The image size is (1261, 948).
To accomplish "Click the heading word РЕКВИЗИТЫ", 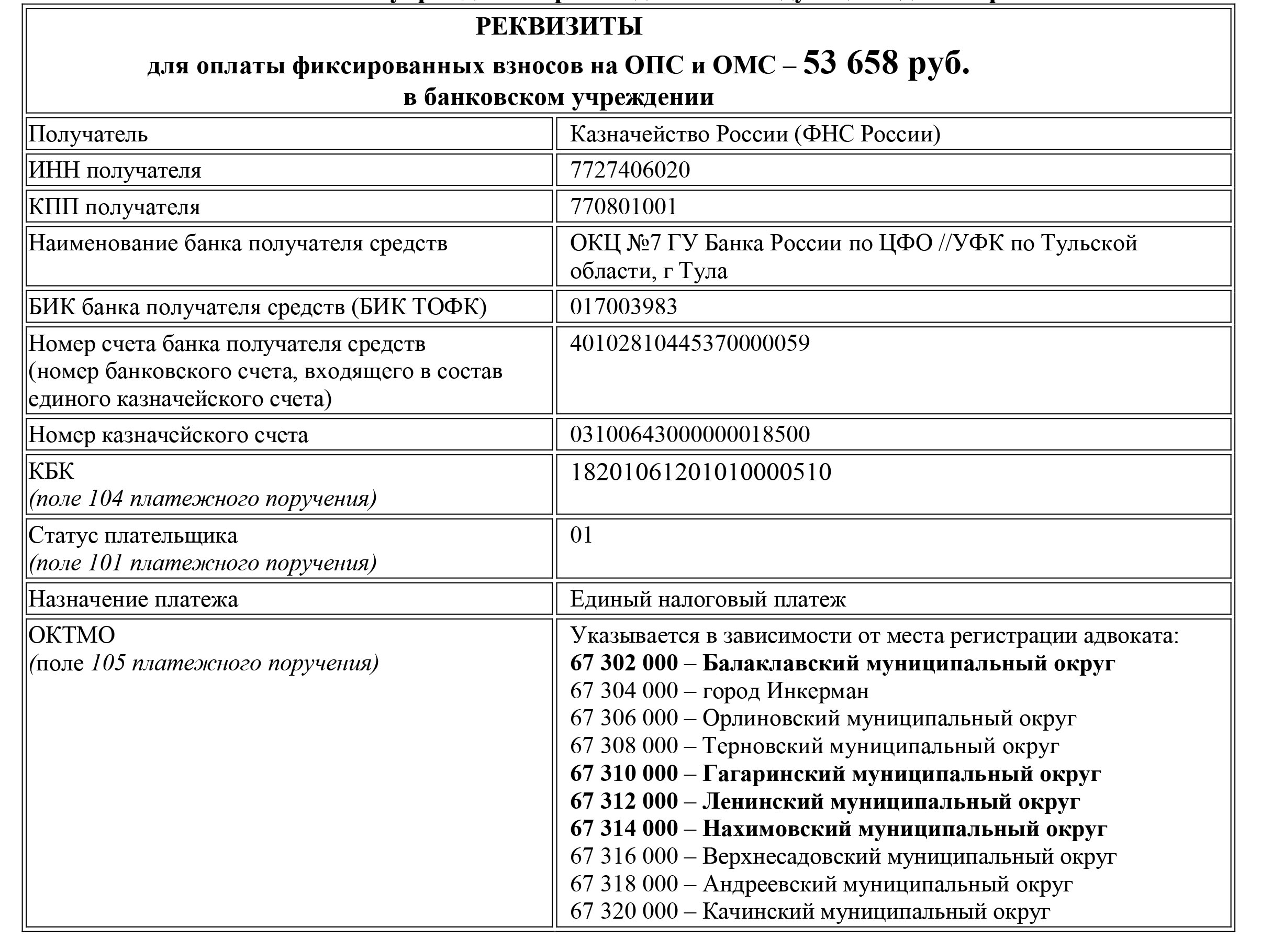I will coord(559,27).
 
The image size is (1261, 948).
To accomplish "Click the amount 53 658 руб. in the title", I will coord(886,63).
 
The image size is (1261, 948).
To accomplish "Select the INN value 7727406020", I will coord(630,170).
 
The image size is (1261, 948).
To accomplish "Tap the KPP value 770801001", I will coord(623,206).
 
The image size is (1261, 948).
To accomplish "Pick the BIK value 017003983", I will coord(623,307).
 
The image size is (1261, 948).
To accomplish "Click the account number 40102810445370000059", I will coord(690,344).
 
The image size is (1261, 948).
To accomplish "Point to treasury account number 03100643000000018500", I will coord(690,435).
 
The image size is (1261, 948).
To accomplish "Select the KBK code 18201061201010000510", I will coord(700,472).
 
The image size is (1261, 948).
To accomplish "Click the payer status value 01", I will coord(582,535).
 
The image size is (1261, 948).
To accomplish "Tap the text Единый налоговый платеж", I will coord(708,600).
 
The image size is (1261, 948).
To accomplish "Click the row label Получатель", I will coord(88,135).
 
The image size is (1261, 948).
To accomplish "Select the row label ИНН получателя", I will coord(115,171).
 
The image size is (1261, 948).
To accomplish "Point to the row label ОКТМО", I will coord(72,635).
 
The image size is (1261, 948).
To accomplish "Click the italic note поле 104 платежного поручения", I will coord(203,499).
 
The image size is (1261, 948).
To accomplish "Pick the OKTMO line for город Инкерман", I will coord(719,691).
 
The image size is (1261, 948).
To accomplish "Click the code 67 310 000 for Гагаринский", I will coord(623,774).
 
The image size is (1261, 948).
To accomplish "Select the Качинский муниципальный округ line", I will coord(809,911).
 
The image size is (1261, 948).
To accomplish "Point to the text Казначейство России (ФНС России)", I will coord(755,135).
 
